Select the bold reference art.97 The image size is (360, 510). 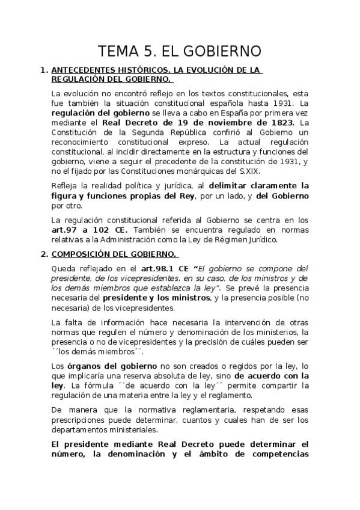[x=64, y=230]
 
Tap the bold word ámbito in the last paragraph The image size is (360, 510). [x=215, y=454]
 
